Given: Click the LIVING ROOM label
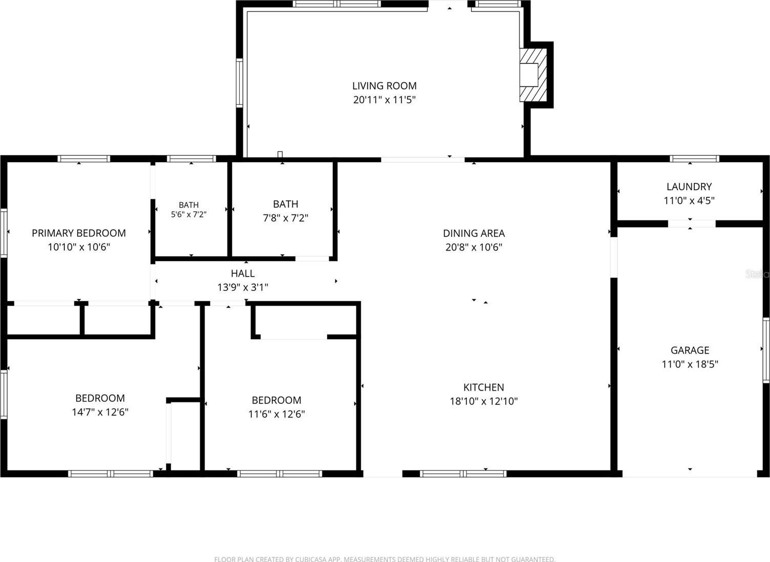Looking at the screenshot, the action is [384, 85].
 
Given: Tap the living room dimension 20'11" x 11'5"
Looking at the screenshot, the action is [384, 100].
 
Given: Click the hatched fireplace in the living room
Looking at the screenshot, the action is [533, 75].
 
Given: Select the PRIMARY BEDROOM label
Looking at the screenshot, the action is [79, 233].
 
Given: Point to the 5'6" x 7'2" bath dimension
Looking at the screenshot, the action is [189, 214].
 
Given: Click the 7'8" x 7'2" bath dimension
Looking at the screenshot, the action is [286, 218].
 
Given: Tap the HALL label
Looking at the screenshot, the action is [243, 273].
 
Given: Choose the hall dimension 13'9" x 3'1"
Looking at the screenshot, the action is [243, 287].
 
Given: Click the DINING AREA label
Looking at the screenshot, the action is [473, 233].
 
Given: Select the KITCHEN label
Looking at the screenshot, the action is [484, 388].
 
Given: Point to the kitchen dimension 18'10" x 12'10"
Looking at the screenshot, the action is [484, 401].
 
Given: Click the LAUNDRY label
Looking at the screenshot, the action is [689, 187].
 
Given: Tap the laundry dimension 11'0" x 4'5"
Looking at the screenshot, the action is [689, 200].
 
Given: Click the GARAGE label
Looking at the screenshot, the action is [690, 350].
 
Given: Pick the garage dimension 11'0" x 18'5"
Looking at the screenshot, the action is [690, 364].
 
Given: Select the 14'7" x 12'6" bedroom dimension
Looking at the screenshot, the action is [100, 412].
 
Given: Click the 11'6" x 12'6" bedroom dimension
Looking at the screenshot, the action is [277, 414].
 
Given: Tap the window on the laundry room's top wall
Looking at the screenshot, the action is [694, 159].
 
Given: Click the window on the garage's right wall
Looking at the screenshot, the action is [766, 350].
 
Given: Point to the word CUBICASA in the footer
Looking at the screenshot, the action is [307, 559].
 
